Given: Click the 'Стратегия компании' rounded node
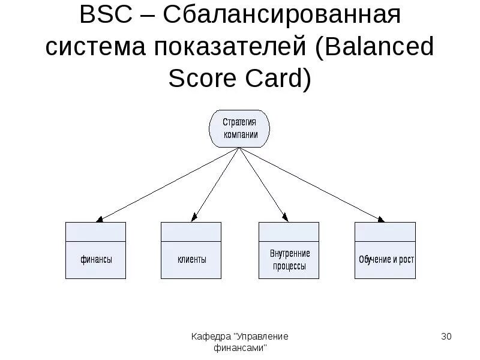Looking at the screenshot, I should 239,128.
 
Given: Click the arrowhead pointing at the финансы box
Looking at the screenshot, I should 100,219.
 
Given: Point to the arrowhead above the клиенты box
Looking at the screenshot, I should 194,218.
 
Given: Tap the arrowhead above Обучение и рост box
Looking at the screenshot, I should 379,219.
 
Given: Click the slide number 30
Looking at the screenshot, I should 446,337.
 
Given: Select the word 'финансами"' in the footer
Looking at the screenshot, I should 240,347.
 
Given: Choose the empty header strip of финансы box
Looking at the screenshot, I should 96,231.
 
